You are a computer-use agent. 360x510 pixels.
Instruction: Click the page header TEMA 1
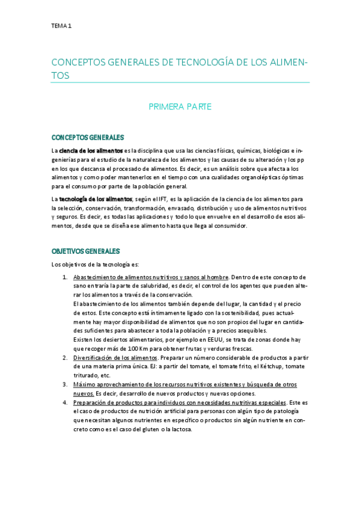[61, 26]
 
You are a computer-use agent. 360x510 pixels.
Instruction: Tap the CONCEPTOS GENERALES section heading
[88, 137]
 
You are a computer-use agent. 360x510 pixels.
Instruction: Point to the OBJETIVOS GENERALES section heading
[86, 251]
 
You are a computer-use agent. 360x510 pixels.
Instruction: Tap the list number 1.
[65, 277]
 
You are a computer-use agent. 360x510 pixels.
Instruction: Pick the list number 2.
[65, 358]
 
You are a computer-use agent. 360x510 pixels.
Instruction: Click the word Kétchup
[262, 367]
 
